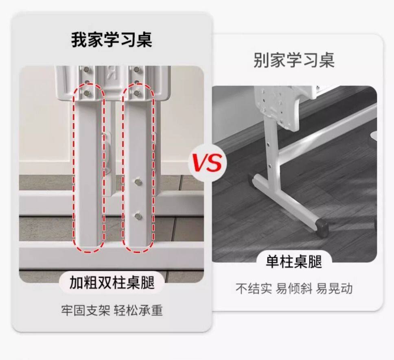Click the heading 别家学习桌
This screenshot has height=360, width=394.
[294, 60]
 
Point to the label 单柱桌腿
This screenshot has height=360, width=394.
[294, 262]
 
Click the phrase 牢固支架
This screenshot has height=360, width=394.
[85, 310]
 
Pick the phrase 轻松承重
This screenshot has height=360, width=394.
[138, 310]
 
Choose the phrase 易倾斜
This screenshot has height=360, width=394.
[294, 289]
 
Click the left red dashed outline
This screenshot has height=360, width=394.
[89, 167]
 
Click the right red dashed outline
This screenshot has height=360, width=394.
[138, 167]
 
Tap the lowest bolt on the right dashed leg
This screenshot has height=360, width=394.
[138, 214]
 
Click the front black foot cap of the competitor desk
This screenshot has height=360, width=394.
[321, 227]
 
